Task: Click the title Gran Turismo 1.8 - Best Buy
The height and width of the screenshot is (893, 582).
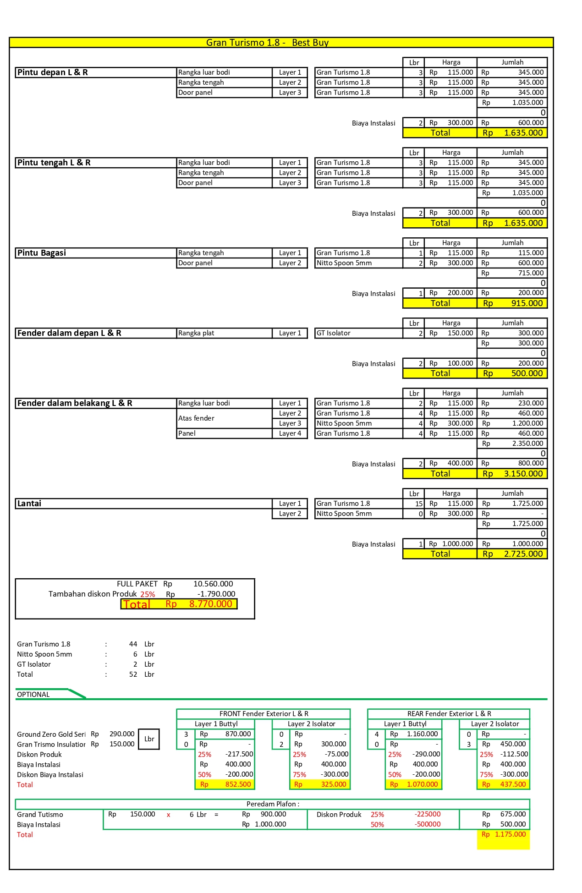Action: [x=267, y=43]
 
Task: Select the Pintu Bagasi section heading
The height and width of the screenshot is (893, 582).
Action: [x=42, y=253]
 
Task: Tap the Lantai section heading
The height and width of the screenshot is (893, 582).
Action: [x=29, y=504]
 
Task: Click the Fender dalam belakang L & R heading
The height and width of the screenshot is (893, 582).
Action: [x=75, y=403]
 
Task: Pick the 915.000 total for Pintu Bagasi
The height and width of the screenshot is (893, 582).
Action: [x=527, y=303]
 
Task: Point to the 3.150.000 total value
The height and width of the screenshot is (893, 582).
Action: [x=523, y=474]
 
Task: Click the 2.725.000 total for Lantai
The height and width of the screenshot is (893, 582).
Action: [x=523, y=554]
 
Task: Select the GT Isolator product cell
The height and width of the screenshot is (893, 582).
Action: [x=334, y=333]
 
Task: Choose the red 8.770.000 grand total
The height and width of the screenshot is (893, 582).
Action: [x=210, y=604]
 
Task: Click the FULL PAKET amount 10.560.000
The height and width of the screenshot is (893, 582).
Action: [x=213, y=584]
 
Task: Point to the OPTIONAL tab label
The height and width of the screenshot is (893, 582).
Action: [x=33, y=695]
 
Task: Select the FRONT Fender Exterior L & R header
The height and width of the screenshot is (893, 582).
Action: [x=264, y=714]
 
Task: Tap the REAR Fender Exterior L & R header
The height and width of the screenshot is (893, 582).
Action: [x=449, y=714]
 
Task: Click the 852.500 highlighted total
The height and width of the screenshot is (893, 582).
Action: [x=238, y=784]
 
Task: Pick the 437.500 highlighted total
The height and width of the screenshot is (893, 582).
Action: [x=513, y=784]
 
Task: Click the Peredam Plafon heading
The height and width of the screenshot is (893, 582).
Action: [x=273, y=804]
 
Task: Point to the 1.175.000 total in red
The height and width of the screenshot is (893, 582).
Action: [x=510, y=834]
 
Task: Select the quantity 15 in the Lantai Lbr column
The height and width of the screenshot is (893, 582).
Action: [x=419, y=504]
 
